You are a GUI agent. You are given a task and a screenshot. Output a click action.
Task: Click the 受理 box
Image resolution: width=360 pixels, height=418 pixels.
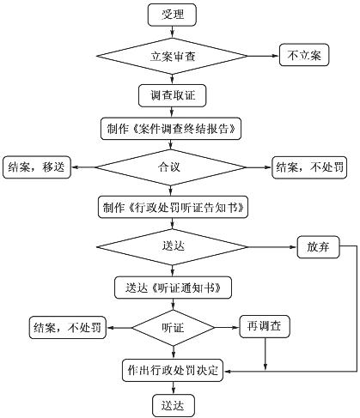172,15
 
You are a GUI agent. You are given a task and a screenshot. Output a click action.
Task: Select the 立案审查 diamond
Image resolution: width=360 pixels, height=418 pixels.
172,56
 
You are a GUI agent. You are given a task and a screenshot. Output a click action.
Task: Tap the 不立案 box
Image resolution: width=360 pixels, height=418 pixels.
304,55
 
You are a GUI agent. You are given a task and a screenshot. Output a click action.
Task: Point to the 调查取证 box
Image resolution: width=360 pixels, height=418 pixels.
172,95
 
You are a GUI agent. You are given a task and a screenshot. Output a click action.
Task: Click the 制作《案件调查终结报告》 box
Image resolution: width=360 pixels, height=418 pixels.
171,129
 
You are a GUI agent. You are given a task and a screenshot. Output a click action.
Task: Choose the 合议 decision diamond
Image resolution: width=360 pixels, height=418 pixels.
171,167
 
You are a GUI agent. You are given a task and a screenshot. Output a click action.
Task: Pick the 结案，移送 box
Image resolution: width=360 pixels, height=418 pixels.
37,167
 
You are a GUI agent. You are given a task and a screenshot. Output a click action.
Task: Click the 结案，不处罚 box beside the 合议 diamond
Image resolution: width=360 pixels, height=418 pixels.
309,167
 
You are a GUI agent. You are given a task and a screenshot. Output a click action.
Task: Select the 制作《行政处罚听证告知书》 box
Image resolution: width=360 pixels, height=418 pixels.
173,207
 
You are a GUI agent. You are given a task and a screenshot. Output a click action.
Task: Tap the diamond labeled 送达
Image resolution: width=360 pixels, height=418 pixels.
172,247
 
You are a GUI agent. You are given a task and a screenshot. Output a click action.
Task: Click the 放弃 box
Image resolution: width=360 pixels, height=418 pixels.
318,247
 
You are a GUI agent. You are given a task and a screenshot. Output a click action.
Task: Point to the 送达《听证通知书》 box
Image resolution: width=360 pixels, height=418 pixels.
173,288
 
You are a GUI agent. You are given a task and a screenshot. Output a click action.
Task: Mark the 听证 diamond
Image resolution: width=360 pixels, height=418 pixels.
173,328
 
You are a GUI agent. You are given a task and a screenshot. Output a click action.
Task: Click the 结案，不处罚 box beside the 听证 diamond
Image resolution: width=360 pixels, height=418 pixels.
68,328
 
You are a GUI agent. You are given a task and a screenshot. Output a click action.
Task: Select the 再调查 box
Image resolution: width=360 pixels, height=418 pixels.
265,326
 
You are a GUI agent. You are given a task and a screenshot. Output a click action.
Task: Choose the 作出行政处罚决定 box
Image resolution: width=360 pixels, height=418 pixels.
173,371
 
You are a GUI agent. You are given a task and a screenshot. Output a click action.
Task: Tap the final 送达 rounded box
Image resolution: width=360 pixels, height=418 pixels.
174,406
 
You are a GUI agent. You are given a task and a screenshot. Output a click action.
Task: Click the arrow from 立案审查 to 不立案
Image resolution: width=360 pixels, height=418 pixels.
263,56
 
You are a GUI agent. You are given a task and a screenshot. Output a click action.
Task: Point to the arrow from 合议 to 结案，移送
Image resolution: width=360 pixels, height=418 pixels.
83,167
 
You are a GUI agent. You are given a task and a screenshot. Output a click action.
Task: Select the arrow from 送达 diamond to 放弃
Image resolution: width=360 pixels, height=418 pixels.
272,247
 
